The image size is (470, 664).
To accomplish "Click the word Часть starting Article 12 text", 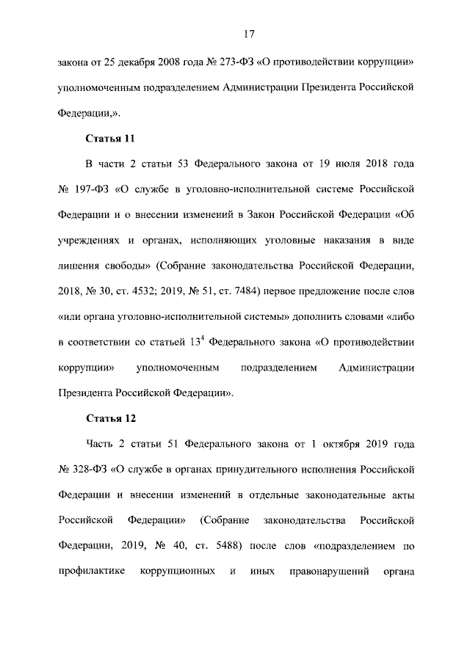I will click(x=101, y=445).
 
